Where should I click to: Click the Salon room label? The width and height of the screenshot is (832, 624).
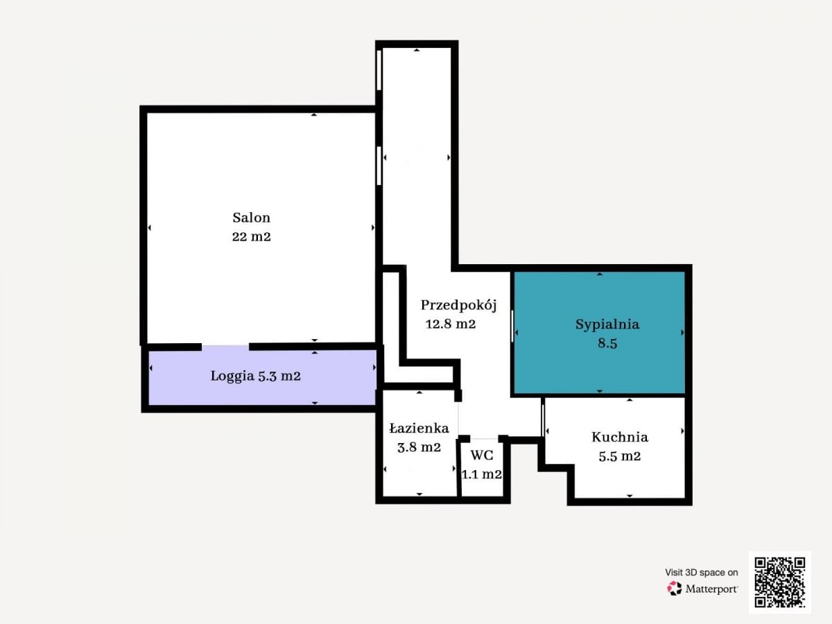point(251,218)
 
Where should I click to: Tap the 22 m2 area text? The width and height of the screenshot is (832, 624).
point(251,237)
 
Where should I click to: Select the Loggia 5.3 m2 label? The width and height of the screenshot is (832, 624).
point(255,376)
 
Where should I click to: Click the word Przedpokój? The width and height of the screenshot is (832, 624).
point(459,305)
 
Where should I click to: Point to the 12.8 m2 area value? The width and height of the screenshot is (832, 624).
point(450,324)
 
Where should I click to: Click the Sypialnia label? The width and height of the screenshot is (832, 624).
point(607,324)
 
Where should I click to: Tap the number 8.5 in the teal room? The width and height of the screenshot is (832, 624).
point(607,343)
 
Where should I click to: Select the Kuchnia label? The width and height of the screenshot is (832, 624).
point(620,437)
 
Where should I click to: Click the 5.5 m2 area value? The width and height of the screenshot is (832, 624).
point(620,456)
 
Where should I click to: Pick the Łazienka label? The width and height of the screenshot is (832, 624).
point(419,428)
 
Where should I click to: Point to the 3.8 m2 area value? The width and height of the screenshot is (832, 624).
point(419,447)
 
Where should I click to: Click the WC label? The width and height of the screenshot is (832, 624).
point(482,455)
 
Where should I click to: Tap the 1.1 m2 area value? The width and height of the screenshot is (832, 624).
point(482,474)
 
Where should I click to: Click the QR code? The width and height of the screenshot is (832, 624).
point(780,582)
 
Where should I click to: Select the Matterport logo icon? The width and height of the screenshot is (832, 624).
point(675,589)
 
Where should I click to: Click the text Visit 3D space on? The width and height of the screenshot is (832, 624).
point(701,572)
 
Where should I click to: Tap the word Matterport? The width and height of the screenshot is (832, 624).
point(711,589)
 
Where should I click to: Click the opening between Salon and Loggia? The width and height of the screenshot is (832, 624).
point(225,347)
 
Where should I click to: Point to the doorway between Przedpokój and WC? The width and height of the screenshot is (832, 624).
point(484,438)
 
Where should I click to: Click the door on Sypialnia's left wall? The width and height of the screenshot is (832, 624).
point(512,326)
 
